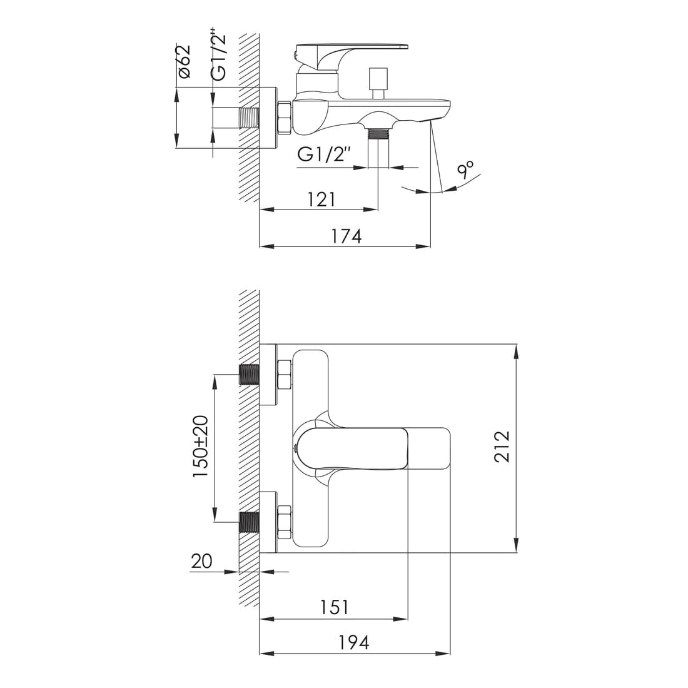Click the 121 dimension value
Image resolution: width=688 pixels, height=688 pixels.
click(x=321, y=199)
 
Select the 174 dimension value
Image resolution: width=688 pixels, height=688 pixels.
click(x=347, y=236)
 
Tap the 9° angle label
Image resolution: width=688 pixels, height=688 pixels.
click(x=465, y=169)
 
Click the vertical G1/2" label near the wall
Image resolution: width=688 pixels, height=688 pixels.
click(x=219, y=55)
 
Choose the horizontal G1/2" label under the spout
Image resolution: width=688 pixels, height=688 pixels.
click(x=325, y=154)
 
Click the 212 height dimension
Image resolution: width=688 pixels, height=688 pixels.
click(x=502, y=447)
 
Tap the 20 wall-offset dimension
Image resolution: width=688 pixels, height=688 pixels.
click(x=201, y=561)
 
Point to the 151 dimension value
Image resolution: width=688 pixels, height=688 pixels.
click(x=334, y=607)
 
